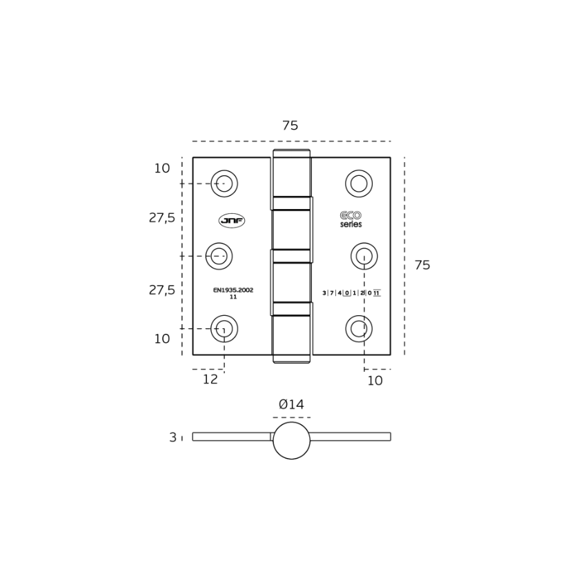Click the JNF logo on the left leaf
pyautogui.click(x=232, y=221)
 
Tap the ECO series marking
pyautogui.click(x=351, y=219)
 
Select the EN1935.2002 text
pyautogui.click(x=233, y=290)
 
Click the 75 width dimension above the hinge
pyautogui.click(x=291, y=126)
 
